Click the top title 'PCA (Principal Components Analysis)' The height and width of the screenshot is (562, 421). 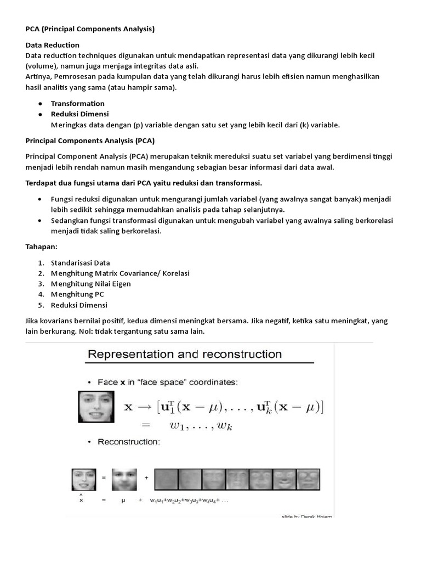(x=90, y=29)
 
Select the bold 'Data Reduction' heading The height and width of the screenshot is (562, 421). (x=53, y=45)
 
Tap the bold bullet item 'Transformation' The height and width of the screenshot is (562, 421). (x=78, y=103)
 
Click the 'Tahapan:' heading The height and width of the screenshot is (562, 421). (x=42, y=246)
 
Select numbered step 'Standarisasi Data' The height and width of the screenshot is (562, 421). (x=81, y=263)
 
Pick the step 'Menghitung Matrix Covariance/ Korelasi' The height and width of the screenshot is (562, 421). (x=120, y=273)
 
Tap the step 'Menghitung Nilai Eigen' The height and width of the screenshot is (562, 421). (x=91, y=284)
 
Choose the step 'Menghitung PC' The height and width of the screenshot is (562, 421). (x=77, y=294)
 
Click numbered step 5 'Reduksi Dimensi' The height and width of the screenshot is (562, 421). (x=79, y=305)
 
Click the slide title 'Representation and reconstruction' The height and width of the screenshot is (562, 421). (x=184, y=355)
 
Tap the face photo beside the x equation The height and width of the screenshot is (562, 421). (x=96, y=407)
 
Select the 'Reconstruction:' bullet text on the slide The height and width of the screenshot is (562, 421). (x=128, y=441)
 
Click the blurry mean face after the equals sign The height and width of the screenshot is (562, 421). (x=124, y=479)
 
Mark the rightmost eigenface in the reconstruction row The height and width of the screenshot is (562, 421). (x=309, y=479)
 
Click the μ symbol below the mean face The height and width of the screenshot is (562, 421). (x=123, y=500)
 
